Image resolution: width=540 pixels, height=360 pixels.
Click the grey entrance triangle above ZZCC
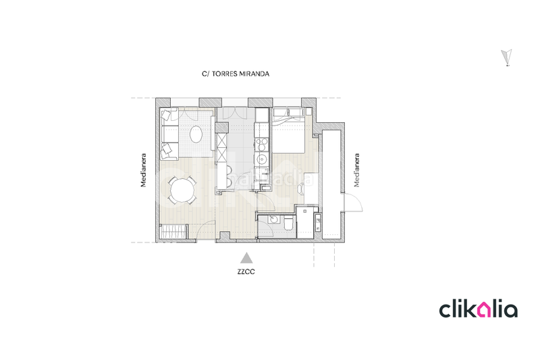(x=247, y=257)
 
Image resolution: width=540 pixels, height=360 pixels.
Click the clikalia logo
(x=479, y=309)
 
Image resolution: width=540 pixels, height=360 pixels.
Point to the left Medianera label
(x=144, y=171)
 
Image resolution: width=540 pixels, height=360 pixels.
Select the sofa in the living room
(x=168, y=133)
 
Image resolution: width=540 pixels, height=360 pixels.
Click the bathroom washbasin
(x=273, y=219)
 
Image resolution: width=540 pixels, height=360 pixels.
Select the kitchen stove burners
(x=263, y=143)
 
